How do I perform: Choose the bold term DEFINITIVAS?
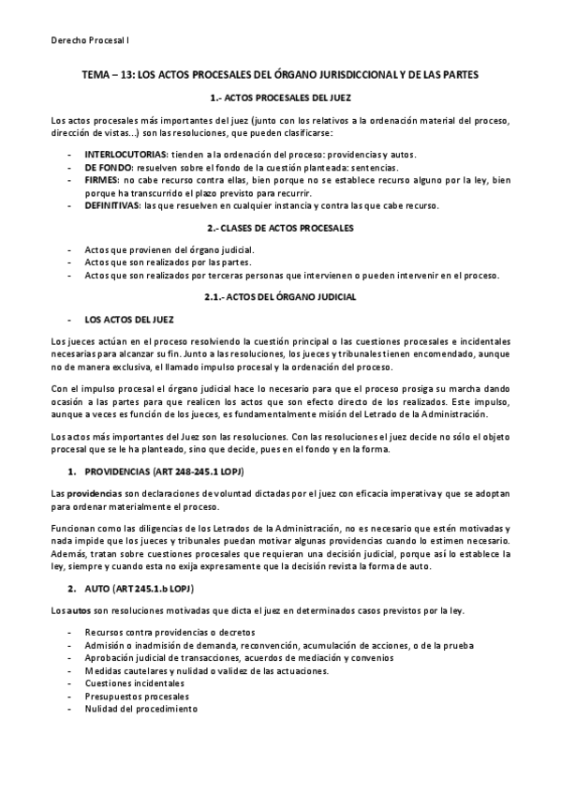111,205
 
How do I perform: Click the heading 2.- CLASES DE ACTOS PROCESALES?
280,227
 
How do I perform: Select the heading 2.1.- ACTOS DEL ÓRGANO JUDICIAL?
280,297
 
